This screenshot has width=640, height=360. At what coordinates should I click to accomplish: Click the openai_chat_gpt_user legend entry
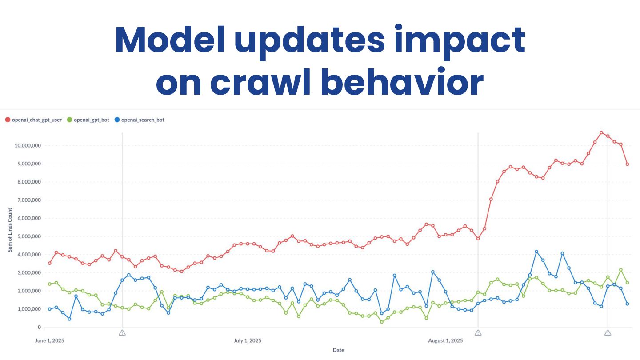pos(33,120)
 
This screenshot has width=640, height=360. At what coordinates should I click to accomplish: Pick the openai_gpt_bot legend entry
pos(88,120)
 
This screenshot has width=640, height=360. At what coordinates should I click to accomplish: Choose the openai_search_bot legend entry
pos(139,120)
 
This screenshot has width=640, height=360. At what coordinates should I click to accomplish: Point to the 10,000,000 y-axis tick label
pos(28,146)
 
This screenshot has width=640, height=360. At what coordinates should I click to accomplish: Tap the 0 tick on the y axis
pos(39,328)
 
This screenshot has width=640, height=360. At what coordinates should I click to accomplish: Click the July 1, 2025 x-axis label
pos(247,341)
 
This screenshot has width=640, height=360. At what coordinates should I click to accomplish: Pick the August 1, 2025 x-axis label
pos(445,341)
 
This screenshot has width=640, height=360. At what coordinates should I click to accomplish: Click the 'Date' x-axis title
pos(338,350)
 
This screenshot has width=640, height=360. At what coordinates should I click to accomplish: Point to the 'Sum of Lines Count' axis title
pos(10,230)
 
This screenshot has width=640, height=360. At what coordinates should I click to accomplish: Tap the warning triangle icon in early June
pos(122,332)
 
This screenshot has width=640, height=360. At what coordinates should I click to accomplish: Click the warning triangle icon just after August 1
pos(478,332)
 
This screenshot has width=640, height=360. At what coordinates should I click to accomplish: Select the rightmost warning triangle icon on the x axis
pos(608,332)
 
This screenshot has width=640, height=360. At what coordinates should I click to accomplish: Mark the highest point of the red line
pos(601,132)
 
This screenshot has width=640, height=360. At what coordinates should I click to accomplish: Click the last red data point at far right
pos(627,164)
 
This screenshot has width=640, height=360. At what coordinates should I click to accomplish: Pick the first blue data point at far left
pos(49,309)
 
